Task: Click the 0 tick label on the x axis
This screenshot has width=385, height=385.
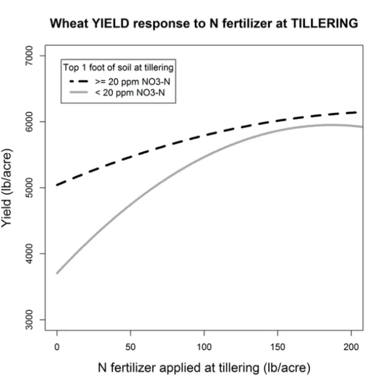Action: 57,348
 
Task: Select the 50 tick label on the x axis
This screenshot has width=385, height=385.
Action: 131,348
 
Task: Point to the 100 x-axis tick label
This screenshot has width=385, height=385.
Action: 205,348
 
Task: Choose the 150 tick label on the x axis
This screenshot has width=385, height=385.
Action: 278,348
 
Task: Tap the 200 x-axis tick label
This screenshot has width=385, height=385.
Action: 351,348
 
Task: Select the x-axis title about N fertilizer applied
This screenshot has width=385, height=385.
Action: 205,368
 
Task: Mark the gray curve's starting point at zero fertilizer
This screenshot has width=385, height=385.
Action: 57,273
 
